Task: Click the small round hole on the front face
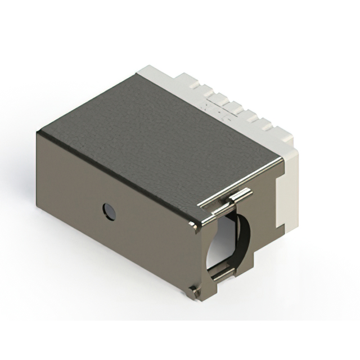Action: [109, 211]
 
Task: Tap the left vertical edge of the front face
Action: [38, 169]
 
